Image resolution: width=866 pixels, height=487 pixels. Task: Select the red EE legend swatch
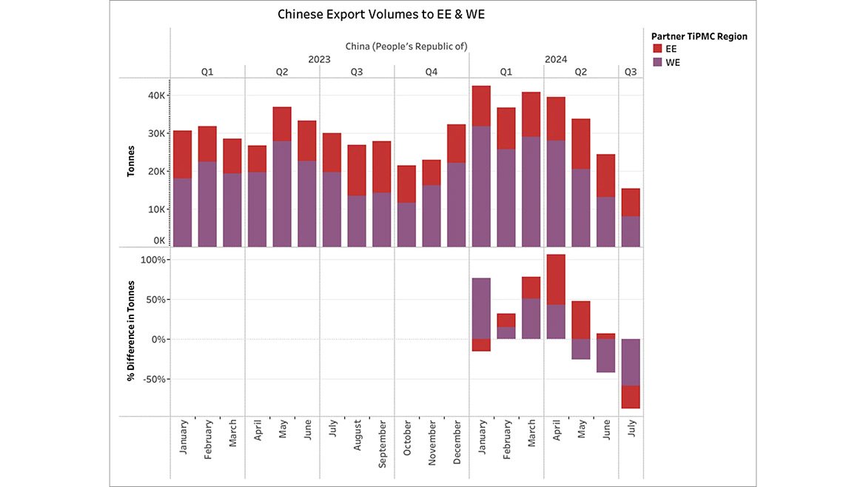657,48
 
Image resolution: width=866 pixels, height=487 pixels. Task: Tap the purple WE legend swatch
657,62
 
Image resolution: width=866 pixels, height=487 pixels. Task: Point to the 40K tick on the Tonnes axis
160,95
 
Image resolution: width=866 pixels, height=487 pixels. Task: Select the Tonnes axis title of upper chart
131,161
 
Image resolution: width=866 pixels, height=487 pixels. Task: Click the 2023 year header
320,58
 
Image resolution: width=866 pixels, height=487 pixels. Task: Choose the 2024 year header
555,58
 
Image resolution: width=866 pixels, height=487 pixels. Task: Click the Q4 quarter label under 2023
432,72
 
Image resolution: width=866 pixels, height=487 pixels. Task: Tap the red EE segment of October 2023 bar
407,184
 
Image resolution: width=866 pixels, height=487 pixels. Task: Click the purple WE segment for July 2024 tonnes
631,232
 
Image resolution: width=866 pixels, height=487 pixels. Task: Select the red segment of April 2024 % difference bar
556,279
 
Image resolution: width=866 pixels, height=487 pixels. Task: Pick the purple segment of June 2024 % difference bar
605,355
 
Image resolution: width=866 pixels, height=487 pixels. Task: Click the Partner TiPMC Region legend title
699,36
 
